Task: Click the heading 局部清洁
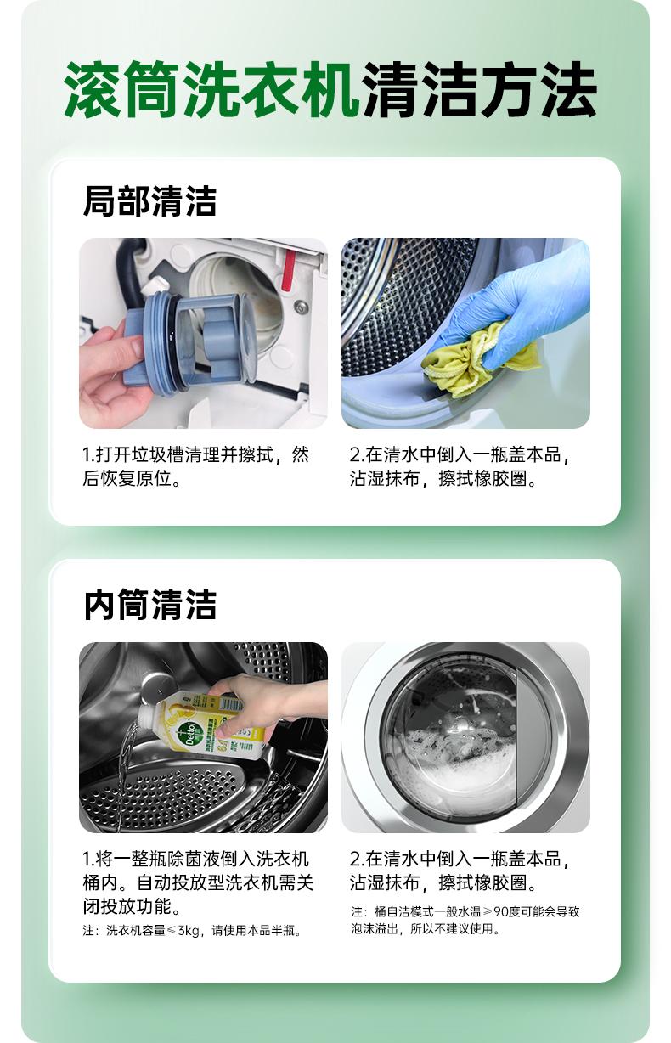[149, 200]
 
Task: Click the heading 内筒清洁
[149, 605]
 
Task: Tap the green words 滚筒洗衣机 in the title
[211, 89]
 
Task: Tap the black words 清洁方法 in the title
[481, 89]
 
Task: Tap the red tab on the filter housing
[289, 268]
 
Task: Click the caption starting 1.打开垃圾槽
[195, 466]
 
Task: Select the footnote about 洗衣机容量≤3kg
[192, 931]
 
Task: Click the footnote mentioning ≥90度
[465, 921]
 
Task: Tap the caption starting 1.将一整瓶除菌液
[198, 882]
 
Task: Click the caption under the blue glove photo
[460, 466]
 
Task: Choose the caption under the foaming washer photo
[460, 871]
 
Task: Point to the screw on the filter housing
[302, 305]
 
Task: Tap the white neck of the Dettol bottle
[152, 716]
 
